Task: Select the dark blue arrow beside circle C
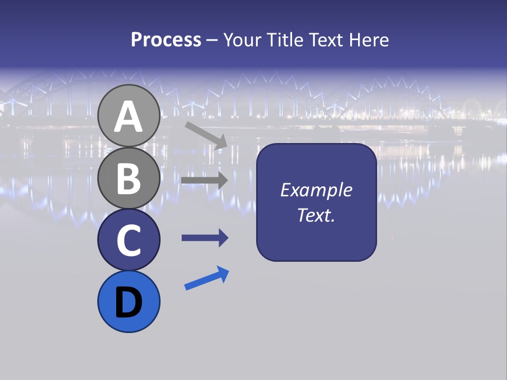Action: (x=204, y=238)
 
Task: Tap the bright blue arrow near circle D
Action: (x=206, y=278)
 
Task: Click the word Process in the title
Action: (x=166, y=40)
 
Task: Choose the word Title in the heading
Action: (x=284, y=40)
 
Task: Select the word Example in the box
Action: (x=316, y=190)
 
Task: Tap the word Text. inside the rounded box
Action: (x=316, y=215)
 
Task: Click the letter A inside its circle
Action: (x=128, y=117)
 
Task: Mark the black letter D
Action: (x=128, y=303)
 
